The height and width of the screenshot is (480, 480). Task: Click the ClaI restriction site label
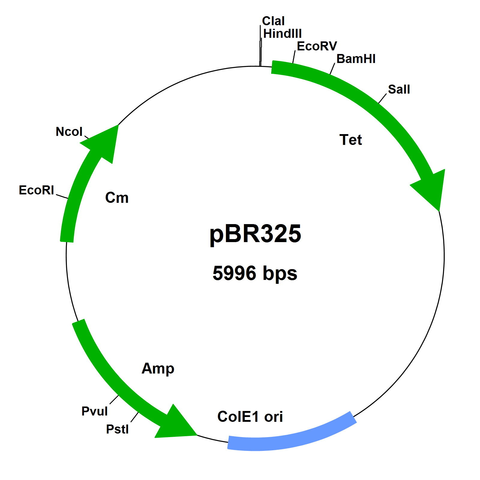[x=273, y=21]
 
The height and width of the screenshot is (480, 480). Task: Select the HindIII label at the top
[x=282, y=34]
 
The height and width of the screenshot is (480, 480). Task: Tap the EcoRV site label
[x=317, y=46]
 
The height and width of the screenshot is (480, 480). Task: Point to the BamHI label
[x=356, y=59]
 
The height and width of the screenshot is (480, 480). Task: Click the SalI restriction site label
[x=399, y=89]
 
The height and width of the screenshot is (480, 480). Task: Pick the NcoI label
[x=69, y=132]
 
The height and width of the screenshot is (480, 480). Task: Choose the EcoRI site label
[x=36, y=190]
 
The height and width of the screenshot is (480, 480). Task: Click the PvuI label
[x=94, y=411]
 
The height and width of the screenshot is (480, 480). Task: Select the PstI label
[x=117, y=429]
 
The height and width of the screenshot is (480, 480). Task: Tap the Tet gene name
[x=350, y=140]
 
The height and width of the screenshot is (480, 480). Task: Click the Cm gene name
[x=117, y=198]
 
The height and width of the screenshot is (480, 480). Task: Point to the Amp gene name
[x=158, y=368]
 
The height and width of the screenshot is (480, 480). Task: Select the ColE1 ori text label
[x=250, y=417]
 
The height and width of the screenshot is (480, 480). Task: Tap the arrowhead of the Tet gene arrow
[x=430, y=187]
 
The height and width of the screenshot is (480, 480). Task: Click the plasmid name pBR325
[x=255, y=234]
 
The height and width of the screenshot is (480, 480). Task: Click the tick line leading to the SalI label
[x=382, y=98]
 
